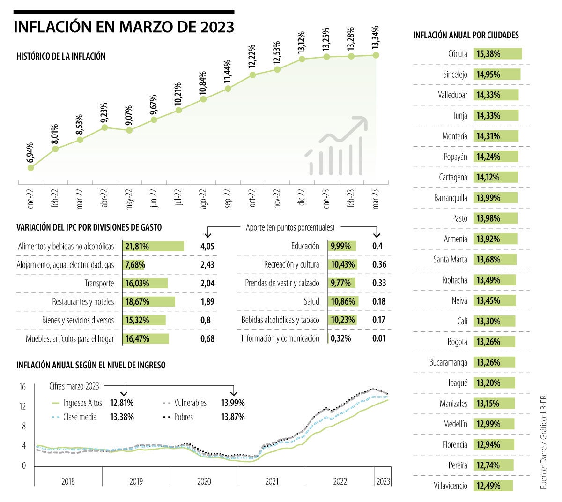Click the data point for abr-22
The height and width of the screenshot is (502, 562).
104,127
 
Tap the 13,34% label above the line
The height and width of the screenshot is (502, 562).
376,37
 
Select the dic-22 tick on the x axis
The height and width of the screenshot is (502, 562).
302,197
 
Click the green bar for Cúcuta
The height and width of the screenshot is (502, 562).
498,54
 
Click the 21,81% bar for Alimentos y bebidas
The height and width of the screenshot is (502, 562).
154,247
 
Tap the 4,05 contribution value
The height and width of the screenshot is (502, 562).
207,247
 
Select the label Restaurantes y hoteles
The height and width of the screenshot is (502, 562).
83,302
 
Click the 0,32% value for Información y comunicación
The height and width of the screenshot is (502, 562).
341,338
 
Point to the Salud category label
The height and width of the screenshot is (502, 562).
311,302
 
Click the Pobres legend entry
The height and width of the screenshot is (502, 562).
183,417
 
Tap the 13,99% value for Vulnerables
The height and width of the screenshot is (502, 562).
233,403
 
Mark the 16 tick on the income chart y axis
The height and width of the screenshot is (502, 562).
22,387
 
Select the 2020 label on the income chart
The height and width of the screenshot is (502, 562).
204,481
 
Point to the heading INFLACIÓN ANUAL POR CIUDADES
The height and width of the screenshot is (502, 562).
466,36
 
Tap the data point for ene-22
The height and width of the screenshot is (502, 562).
31,167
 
